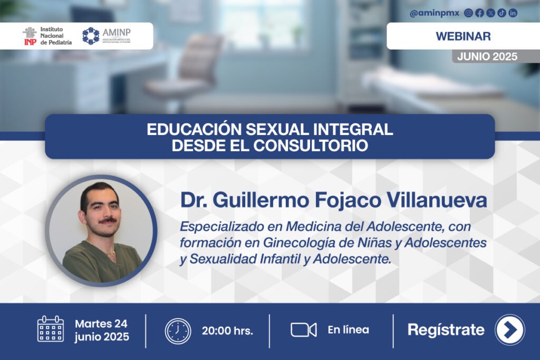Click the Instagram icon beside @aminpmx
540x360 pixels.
[x=468, y=13]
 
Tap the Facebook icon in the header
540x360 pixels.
[x=479, y=13]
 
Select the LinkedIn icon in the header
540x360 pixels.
[x=513, y=13]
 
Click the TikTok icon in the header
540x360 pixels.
[x=502, y=13]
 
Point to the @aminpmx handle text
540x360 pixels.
[x=435, y=13]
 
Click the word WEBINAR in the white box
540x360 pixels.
[x=463, y=36]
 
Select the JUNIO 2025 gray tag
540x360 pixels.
[x=487, y=56]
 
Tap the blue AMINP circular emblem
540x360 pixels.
[x=91, y=36]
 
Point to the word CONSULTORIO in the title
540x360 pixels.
[x=311, y=145]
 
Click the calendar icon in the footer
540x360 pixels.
[x=51, y=329]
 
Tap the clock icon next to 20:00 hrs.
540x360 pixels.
[x=178, y=331]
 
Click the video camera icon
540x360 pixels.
[x=303, y=330]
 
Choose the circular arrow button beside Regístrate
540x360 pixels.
[x=510, y=330]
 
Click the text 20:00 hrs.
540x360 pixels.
[x=227, y=330]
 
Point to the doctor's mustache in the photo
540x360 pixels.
[x=108, y=220]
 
